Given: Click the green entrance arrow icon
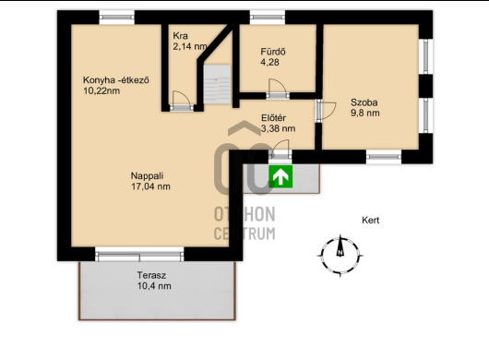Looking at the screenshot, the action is point(280,176).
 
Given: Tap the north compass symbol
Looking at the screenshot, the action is point(340,256).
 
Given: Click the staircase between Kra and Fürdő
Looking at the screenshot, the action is point(218,84).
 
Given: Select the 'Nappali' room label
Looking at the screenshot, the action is point(148,175).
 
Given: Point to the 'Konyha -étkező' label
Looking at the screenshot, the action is point(116,80).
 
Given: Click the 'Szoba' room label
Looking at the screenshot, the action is point(364,102).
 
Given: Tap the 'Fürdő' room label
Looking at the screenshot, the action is point(273,52).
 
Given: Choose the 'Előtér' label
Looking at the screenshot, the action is point(273,118).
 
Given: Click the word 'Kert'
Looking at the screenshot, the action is point(371,221).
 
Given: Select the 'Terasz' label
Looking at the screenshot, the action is point(151,275).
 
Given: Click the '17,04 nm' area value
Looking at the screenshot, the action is point(151,186).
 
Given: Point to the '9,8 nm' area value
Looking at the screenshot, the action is point(365,113).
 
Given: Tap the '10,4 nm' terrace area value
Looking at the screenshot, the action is point(154,286).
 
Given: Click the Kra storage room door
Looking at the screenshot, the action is point(182,101).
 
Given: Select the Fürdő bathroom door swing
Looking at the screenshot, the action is point(277,88).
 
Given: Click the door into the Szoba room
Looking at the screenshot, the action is point(326,111).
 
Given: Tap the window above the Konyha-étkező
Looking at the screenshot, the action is point(117,18).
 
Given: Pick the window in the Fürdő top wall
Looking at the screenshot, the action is point(268,18).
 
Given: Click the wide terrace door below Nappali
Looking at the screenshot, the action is point(139,255).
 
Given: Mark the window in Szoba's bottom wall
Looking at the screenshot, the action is point(384,157).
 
